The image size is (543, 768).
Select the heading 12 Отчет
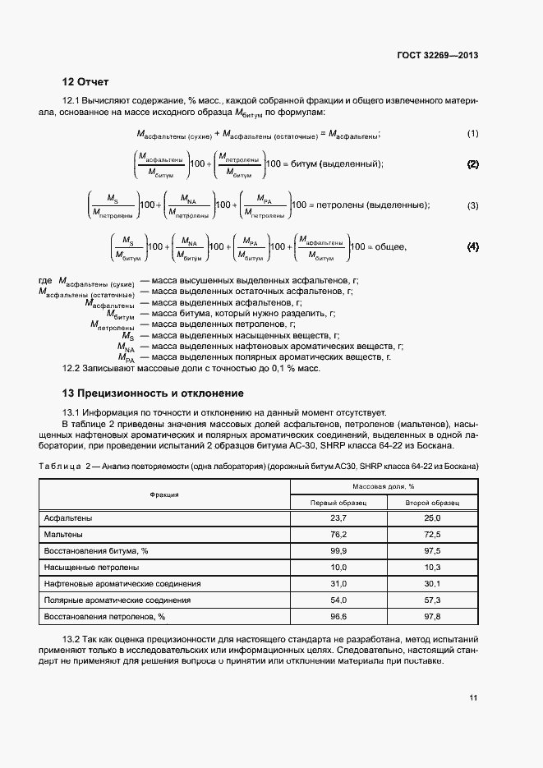pyautogui.click(x=85, y=82)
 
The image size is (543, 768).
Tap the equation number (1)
pyautogui.click(x=472, y=134)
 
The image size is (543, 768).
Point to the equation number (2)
pyautogui.click(x=472, y=164)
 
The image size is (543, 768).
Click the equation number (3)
pyautogui.click(x=472, y=205)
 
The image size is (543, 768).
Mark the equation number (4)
pyautogui.click(x=472, y=246)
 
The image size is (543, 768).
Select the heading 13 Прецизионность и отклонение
pyautogui.click(x=153, y=393)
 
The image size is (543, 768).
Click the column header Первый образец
pyautogui.click(x=337, y=502)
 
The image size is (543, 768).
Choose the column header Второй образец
pyautogui.click(x=432, y=502)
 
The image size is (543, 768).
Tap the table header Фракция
pyautogui.click(x=164, y=494)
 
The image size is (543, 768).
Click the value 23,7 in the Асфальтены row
pyautogui.click(x=338, y=518)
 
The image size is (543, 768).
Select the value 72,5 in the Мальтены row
pyautogui.click(x=432, y=535)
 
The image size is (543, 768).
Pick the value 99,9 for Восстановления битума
pyautogui.click(x=338, y=550)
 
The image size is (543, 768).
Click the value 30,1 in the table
pyautogui.click(x=432, y=583)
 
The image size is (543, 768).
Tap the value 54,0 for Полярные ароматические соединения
pyautogui.click(x=338, y=600)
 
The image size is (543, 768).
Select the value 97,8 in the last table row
pyautogui.click(x=432, y=616)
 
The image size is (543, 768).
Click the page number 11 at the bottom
pyautogui.click(x=473, y=698)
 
